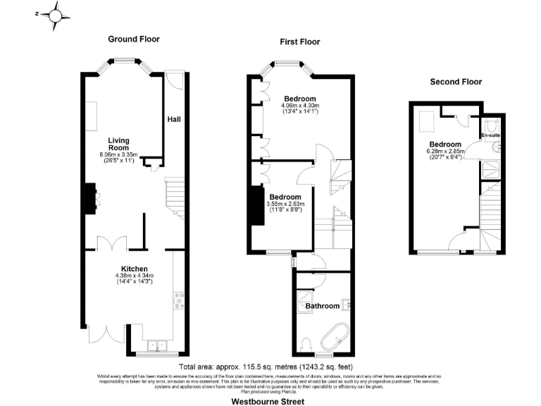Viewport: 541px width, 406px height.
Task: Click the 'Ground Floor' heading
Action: click(133, 39)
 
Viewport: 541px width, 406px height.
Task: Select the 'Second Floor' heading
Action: click(456, 82)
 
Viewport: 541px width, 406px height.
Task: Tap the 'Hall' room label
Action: click(173, 120)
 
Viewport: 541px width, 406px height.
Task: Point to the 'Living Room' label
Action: click(118, 144)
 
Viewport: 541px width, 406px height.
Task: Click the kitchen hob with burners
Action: click(178, 302)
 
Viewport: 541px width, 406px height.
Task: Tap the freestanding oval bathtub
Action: click(335, 336)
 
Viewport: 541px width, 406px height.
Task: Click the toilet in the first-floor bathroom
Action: click(305, 343)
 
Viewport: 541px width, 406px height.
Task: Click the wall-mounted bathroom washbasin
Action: click(346, 305)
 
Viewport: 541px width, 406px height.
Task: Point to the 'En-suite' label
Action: click(490, 135)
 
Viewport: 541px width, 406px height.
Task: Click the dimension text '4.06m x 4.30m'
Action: click(299, 105)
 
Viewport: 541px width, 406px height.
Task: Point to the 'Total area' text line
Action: click(266, 367)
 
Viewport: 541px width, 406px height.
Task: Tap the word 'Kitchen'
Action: click(133, 269)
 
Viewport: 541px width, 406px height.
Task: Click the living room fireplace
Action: click(92, 197)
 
